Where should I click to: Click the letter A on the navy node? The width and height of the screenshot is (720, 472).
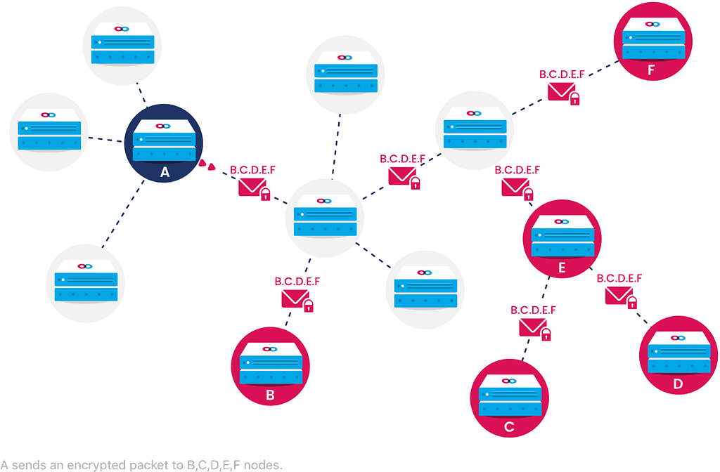pos(165,172)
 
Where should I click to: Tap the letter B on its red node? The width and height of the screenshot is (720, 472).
pos(271,395)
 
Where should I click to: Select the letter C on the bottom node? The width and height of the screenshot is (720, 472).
pos(509,427)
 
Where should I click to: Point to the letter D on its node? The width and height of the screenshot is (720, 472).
pos(679,384)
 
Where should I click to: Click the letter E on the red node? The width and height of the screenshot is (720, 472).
pos(562,268)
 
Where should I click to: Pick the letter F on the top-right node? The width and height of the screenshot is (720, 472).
pos(651,70)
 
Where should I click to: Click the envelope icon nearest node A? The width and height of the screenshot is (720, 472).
pos(252,187)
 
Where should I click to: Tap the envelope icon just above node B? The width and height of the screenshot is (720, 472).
pos(295,298)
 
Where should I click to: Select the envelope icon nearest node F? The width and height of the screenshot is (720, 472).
pos(561,91)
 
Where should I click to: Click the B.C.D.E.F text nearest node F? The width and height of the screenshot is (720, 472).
pos(562,74)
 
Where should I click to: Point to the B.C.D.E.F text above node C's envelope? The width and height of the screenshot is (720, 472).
pos(533,310)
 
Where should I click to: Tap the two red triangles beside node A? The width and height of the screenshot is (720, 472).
pos(207,165)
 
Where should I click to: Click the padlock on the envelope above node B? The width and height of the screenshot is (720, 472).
pos(309,306)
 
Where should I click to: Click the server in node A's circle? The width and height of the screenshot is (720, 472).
pos(164,140)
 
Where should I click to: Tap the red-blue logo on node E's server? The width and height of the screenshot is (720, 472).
pos(562,221)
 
